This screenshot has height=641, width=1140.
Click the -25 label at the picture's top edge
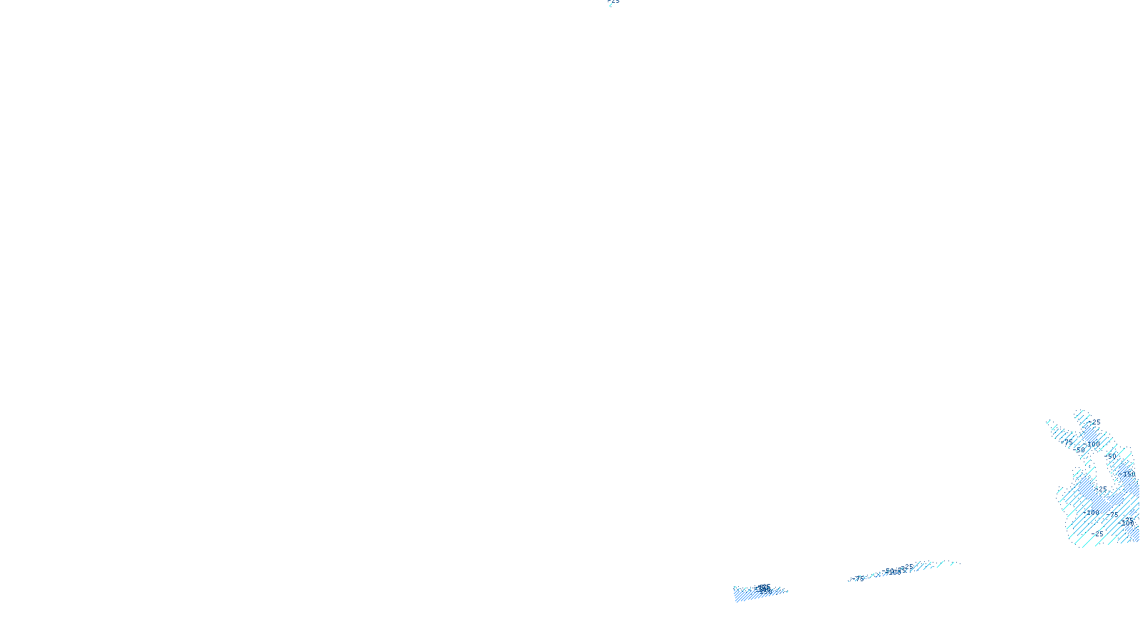(x=614, y=1)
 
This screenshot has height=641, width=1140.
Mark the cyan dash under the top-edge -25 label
(x=610, y=5)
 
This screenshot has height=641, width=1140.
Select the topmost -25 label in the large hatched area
(x=1095, y=422)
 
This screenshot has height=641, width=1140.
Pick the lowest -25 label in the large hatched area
(x=1098, y=533)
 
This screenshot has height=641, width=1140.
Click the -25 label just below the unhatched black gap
(x=1102, y=489)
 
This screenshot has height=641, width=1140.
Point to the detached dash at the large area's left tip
(x=1048, y=422)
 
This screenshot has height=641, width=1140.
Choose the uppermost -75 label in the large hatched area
(x=1068, y=442)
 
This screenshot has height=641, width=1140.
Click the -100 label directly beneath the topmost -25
(x=1092, y=444)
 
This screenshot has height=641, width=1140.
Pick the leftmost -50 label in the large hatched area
(x=1079, y=449)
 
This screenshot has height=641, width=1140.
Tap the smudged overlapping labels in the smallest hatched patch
(x=764, y=588)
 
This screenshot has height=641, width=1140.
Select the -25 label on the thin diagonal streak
(x=908, y=567)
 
